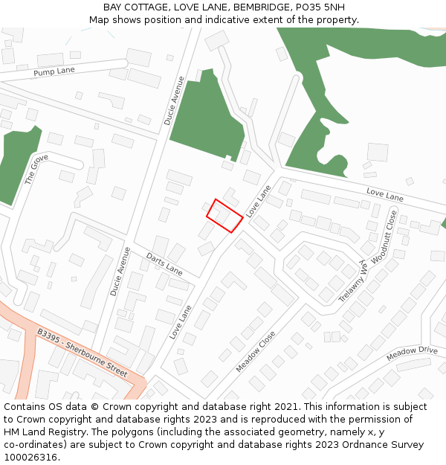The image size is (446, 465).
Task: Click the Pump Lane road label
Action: [55, 72]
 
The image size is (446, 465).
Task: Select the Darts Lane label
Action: [164, 263]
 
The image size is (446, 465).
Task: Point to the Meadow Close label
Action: [256, 351]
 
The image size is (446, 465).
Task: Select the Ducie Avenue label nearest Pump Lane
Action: [174, 99]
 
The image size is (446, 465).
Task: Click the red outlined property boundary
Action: [224, 216]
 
